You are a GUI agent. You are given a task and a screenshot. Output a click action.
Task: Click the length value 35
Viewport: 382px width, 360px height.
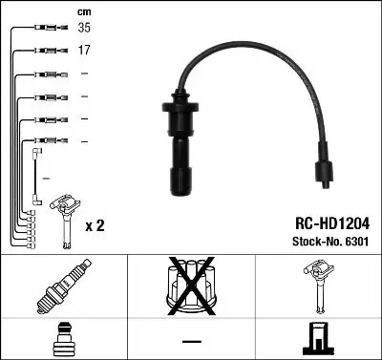84,29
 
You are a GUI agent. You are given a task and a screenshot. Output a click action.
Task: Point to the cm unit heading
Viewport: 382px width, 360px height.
83,11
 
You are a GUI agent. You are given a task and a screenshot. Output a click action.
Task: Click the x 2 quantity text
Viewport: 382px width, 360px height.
95,225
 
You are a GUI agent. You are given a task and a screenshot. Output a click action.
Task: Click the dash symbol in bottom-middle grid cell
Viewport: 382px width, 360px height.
191,341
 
